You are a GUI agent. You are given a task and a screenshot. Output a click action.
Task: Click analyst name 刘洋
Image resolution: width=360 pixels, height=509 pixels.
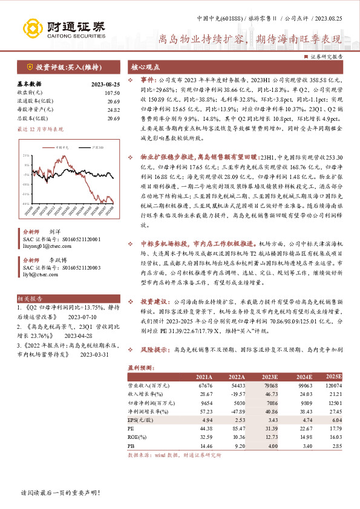pyautogui.click(x=54, y=232)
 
